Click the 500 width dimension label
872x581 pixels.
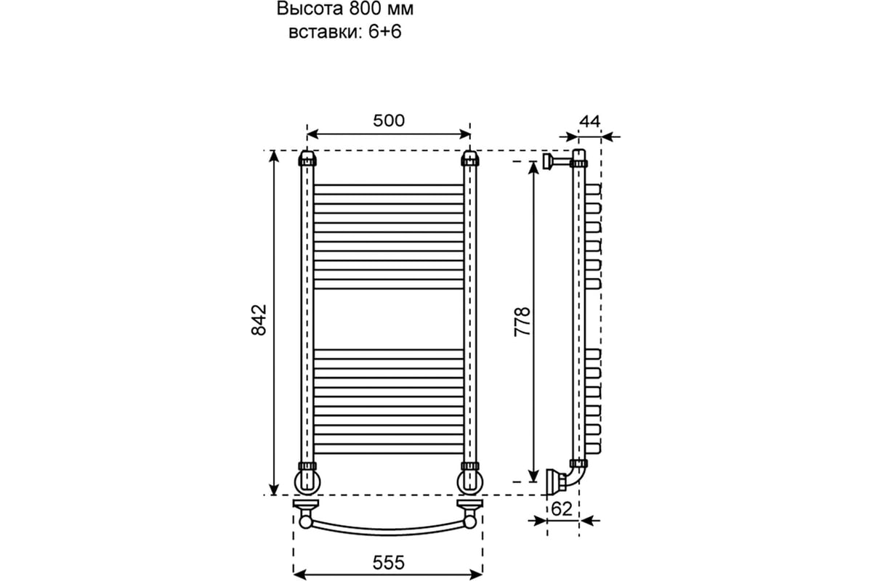389,121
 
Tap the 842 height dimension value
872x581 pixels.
259,320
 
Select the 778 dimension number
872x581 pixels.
522,322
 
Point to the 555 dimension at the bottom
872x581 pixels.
389,563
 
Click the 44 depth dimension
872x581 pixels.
590,122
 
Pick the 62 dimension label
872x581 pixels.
562,508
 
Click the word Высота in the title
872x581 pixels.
310,9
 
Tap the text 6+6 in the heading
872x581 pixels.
385,32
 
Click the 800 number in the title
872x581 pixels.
365,9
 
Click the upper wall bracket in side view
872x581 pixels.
557,161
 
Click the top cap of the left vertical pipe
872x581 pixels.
307,158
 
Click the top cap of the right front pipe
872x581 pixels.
470,158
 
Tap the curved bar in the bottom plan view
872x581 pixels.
389,531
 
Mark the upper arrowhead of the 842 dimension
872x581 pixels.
274,155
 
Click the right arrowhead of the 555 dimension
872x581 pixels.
477,574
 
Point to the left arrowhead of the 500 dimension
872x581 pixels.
313,134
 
